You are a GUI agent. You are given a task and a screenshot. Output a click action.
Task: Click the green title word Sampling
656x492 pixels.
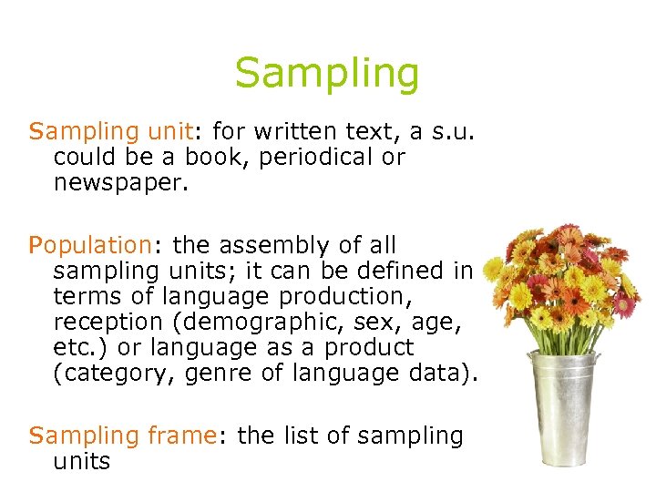[327, 74]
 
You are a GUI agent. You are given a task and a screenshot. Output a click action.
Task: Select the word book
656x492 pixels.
[211, 158]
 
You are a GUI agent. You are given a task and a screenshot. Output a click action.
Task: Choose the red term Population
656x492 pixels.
[89, 246]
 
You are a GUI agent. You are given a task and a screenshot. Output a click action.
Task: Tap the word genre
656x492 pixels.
[230, 374]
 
